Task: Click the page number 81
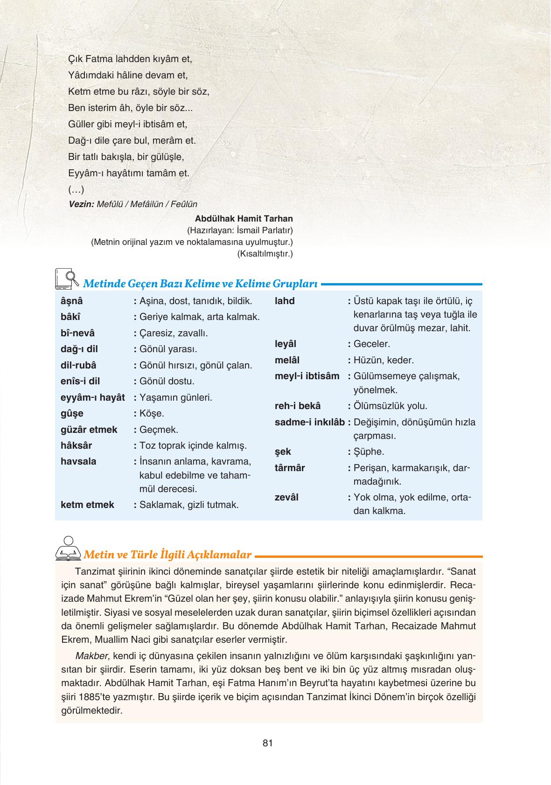pos(267,743)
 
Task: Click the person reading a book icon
pos(68,549)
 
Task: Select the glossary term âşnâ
pos(71,301)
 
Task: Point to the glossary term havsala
pos(78,461)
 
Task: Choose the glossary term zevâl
pos(286,497)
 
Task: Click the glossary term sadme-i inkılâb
pos(309,422)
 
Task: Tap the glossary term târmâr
pos(290,468)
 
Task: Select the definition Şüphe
pos(369,452)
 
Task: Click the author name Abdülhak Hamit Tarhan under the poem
pos(244,218)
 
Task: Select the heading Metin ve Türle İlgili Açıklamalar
pos(167,555)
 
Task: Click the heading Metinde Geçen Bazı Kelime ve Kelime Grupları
pos(200,284)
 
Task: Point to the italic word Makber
pos(92,656)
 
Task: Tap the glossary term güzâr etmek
pos(89,429)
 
